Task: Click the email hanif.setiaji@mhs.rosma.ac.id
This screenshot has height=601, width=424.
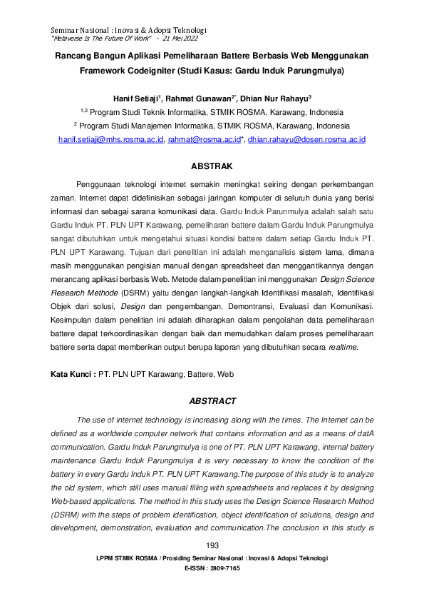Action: [111, 140]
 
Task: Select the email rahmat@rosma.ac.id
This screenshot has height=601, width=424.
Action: [202, 140]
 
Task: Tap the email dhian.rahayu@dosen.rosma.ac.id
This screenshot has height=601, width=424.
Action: [307, 140]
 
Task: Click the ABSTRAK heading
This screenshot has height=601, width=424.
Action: [212, 166]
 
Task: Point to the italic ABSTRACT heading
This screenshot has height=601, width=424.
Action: [212, 402]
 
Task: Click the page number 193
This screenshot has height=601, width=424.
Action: [212, 546]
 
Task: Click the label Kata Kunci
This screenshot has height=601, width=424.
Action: [72, 374]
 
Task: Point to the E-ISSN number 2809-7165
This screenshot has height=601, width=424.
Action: [224, 568]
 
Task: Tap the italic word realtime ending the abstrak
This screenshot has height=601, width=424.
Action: [341, 348]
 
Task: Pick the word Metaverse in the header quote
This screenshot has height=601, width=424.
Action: [68, 37]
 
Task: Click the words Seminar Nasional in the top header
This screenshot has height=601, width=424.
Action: [80, 29]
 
